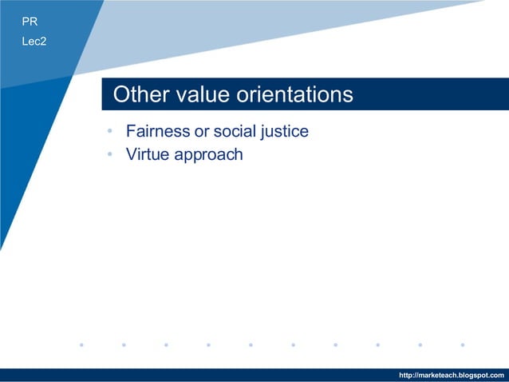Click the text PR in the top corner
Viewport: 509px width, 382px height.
(30, 22)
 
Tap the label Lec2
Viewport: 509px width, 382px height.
(34, 41)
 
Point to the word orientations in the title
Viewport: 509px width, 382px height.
(294, 95)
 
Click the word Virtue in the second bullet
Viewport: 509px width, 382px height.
(147, 154)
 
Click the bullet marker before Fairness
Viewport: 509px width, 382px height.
(110, 132)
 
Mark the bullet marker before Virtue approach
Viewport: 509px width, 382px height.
(110, 155)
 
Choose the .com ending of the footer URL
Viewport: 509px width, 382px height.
(497, 376)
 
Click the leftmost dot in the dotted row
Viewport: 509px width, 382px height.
(81, 345)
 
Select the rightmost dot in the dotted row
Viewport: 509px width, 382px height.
(463, 345)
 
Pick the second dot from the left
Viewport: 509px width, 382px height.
(124, 345)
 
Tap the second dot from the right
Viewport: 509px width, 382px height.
(420, 345)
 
